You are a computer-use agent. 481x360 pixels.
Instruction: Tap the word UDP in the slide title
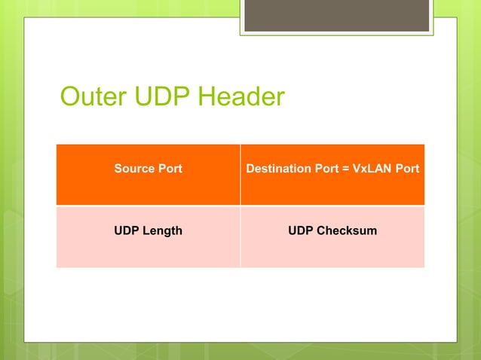[x=161, y=97]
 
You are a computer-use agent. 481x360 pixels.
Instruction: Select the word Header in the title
[x=240, y=97]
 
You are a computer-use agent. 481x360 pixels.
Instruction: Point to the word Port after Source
[x=168, y=169]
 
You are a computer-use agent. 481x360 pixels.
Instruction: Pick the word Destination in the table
[x=276, y=169]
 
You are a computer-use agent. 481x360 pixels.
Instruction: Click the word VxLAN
[x=372, y=169]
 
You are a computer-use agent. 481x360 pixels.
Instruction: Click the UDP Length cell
[x=148, y=236]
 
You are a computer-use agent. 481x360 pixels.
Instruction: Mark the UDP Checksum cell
[x=332, y=236]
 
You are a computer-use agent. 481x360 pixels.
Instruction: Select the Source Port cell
[x=148, y=175]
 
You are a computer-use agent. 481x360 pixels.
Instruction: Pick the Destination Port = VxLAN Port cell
[x=332, y=175]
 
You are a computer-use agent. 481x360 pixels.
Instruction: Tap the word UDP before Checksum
[x=300, y=230]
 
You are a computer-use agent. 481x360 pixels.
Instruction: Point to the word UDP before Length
[x=126, y=230]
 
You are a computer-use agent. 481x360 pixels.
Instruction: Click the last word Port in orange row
[x=408, y=169]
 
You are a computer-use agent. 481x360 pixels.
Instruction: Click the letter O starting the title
[x=70, y=97]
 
